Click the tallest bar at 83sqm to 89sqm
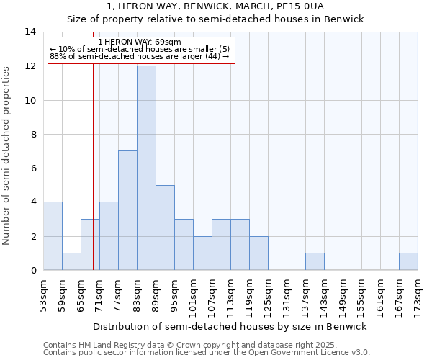(146, 168)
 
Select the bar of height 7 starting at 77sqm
(127, 210)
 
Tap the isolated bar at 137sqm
(315, 261)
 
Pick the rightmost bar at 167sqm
(408, 261)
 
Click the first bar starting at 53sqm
(53, 236)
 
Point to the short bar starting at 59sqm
(71, 261)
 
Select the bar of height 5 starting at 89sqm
(165, 228)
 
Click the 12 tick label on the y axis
(31, 66)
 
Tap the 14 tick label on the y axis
(31, 32)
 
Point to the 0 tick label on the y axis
(33, 271)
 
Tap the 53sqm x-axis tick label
(43, 295)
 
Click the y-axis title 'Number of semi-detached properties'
(7, 156)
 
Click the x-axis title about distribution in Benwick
(231, 326)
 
